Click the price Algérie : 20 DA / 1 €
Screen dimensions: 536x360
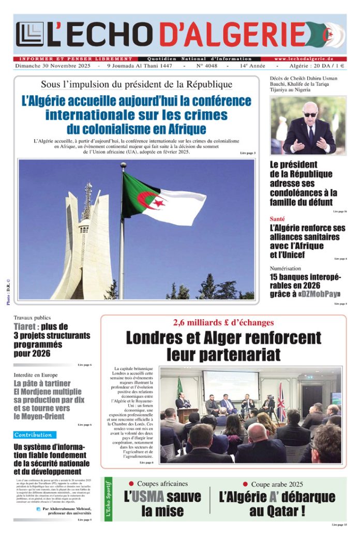pyautogui.click(x=319, y=66)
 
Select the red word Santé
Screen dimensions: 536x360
pyautogui.click(x=277, y=219)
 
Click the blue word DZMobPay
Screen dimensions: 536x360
pyautogui.click(x=319, y=294)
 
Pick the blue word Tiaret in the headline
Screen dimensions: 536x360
pyautogui.click(x=25, y=327)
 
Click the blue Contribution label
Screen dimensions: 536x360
pyautogui.click(x=34, y=435)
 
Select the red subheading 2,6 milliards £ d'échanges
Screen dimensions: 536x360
pyautogui.click(x=223, y=322)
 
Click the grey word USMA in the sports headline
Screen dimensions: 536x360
pyautogui.click(x=147, y=498)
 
